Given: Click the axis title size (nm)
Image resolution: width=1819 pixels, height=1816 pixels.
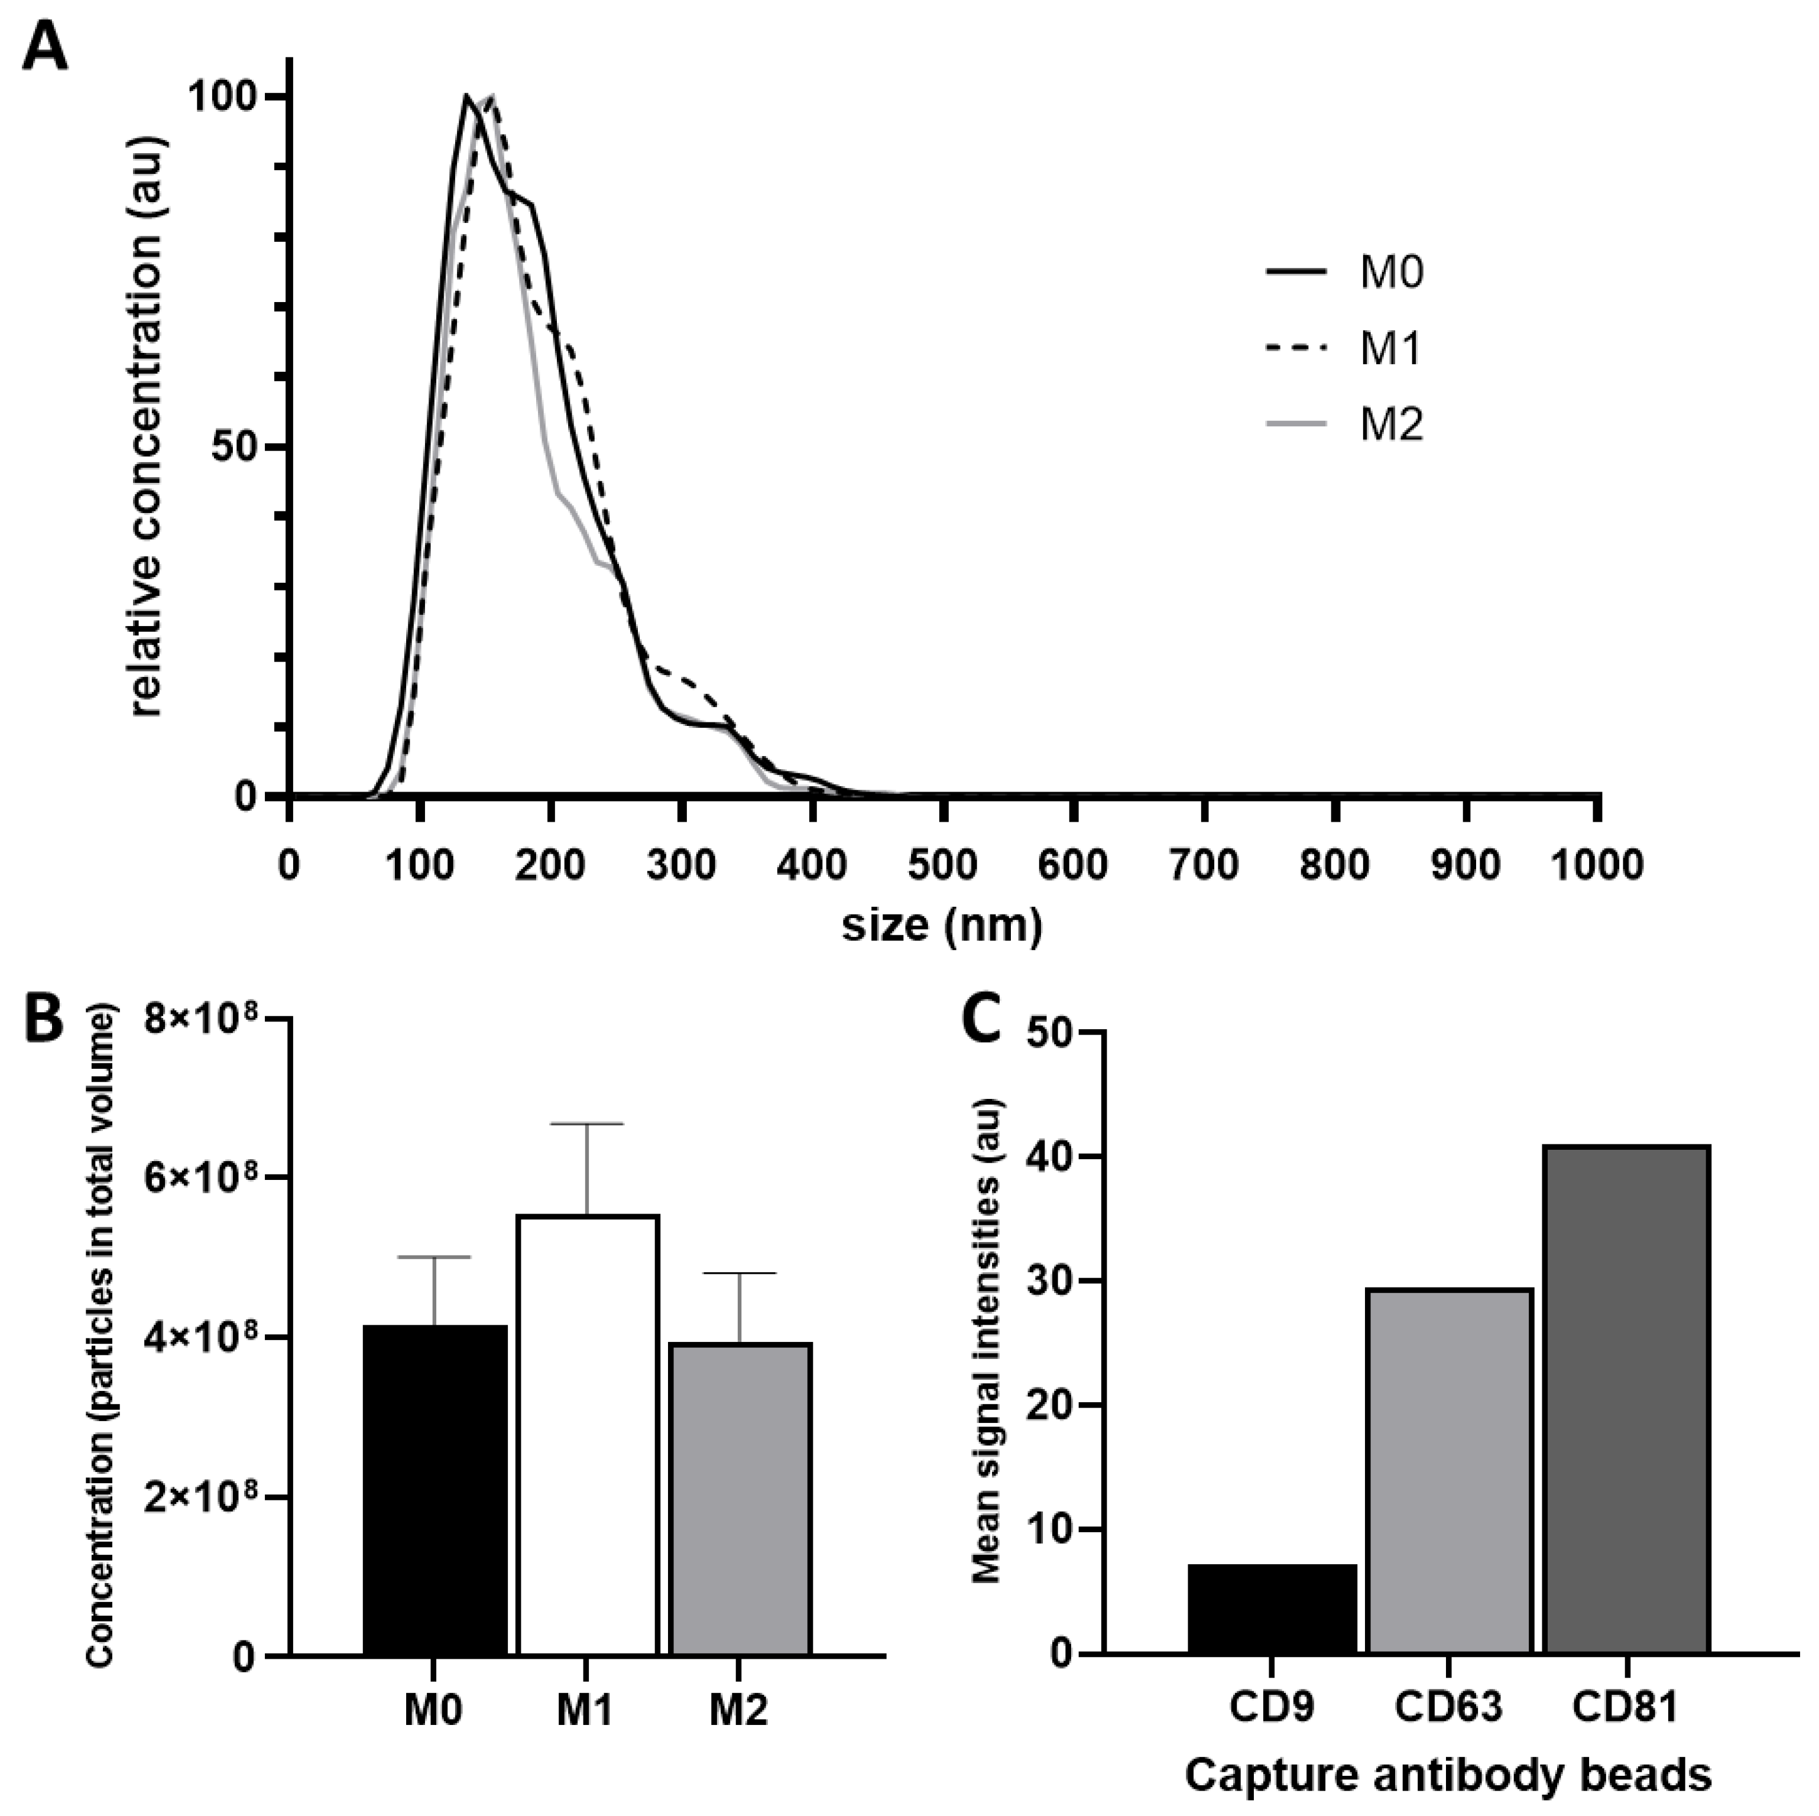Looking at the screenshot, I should click(942, 925).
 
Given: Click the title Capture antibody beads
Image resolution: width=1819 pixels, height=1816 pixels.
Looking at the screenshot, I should click(1447, 1775).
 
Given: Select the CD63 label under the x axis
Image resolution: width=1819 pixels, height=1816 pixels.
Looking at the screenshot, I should click(1447, 1706).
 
